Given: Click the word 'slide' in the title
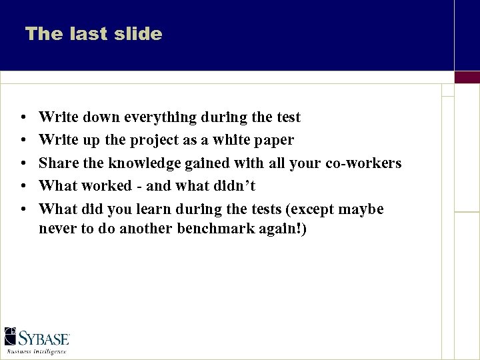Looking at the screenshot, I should pos(138,34).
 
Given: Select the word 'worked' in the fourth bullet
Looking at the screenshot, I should pos(107,186).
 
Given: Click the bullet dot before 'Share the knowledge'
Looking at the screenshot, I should pos(23,164).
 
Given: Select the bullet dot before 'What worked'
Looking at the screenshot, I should pos(23,187).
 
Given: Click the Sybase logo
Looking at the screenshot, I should pos(37,337).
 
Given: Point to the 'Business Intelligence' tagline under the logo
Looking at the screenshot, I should pos(37,351).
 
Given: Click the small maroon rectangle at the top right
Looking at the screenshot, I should pos(467,77).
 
